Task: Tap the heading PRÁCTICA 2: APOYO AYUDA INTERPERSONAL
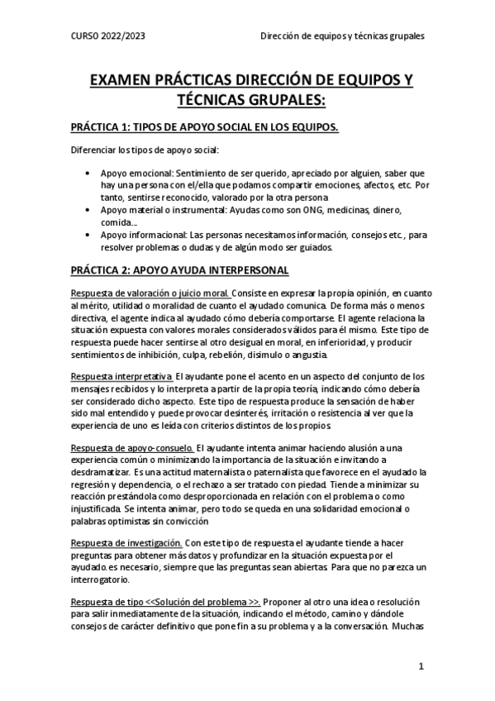[x=179, y=269]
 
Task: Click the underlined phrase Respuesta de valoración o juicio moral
[x=150, y=293]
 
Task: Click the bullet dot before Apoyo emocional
[x=88, y=174]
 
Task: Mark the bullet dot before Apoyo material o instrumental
[x=88, y=210]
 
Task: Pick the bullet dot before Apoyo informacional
[x=88, y=235]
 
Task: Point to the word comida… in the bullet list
[x=119, y=222]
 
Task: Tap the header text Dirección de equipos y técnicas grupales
[x=343, y=36]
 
